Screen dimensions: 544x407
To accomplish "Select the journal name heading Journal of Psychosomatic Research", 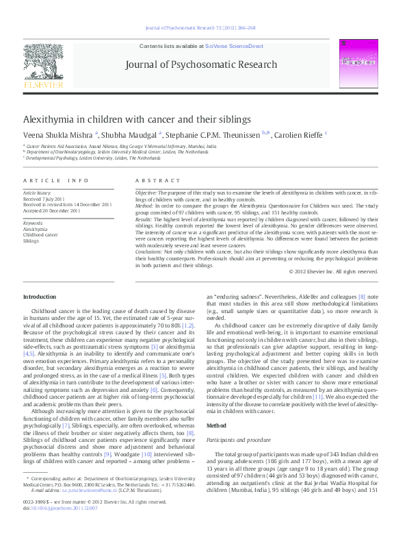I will click(201, 65).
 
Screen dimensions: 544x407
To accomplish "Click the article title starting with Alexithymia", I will click(137, 119).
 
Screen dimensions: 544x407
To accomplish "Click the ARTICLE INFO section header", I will click(56, 180).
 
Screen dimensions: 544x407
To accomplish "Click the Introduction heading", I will click(40, 297).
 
